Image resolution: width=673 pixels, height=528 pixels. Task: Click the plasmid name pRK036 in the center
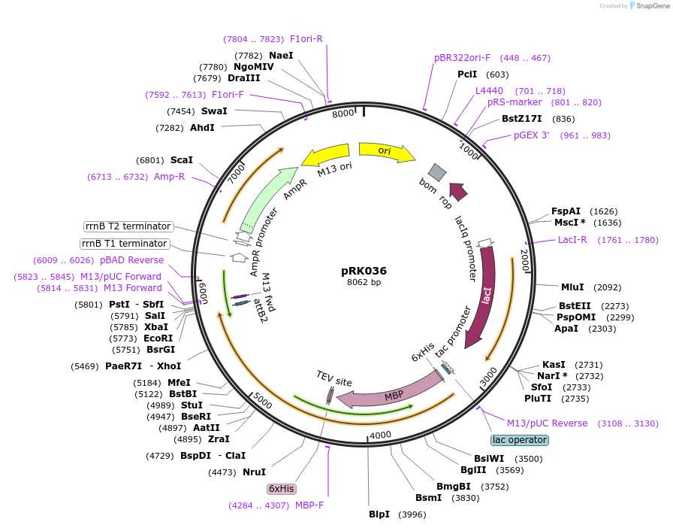point(364,271)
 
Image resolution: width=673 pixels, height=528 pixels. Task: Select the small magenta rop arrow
point(458,192)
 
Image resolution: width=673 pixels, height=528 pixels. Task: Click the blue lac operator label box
point(520,440)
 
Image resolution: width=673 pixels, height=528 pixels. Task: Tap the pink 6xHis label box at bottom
point(282,488)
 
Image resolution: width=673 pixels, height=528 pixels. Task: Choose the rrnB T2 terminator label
point(128,226)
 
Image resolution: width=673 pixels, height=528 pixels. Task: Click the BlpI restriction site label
point(379,514)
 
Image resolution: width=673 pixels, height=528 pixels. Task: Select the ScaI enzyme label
point(182,160)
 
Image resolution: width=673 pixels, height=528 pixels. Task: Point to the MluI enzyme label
point(572,287)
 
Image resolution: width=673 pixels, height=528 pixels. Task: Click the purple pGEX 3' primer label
point(532,135)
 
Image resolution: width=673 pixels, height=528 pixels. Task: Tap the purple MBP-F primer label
point(309,505)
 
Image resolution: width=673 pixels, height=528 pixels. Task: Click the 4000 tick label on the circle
point(381,435)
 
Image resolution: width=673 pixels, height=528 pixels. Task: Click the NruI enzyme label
point(254,472)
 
